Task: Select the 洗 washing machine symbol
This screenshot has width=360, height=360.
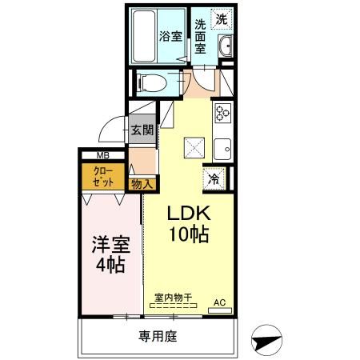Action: pos(221,18)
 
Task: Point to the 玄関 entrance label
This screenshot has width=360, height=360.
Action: pos(142,130)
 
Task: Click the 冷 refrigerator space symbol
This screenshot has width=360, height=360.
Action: pos(214,179)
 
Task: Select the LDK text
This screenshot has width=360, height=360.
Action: pos(188,214)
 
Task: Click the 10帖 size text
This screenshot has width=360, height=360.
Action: pos(189,235)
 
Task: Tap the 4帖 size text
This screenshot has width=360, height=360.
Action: pos(108,266)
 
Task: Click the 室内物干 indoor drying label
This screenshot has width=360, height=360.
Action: pos(174,298)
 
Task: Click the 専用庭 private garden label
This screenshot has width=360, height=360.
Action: pos(157,336)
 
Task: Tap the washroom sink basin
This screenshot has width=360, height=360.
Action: pos(226,46)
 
